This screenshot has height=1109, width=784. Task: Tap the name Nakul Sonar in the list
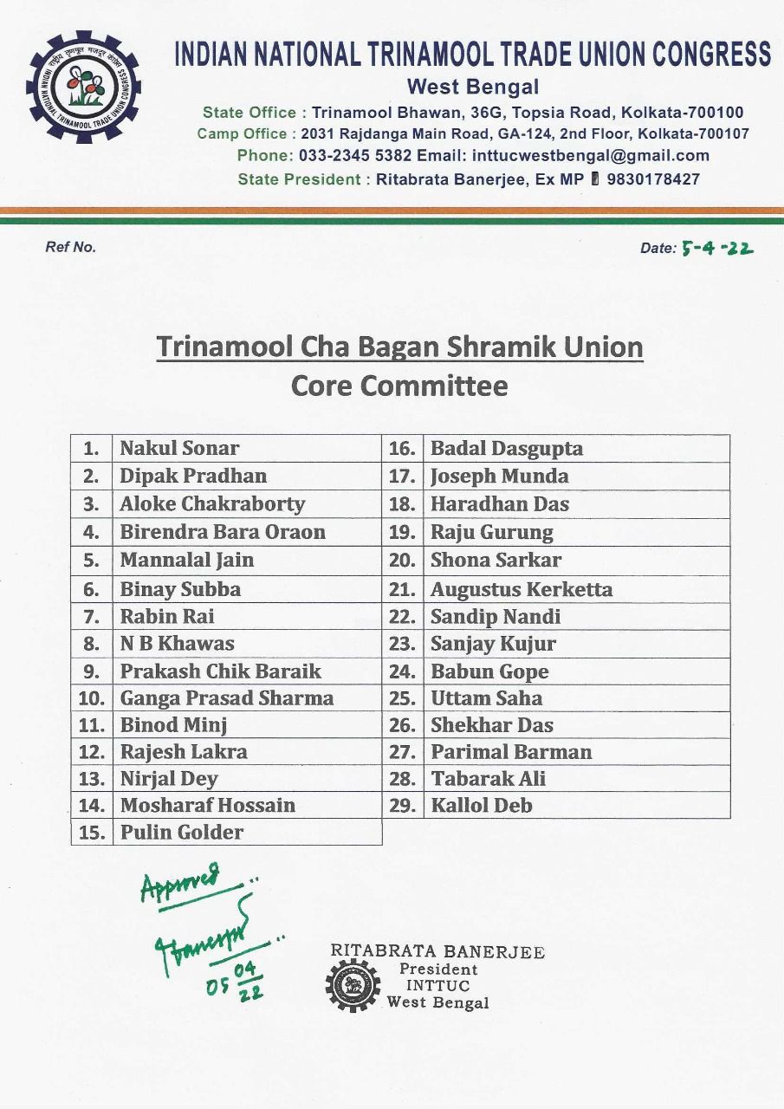pos(178,448)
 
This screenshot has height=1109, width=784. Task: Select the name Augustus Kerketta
pos(521,589)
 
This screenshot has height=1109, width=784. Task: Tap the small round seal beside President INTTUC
pos(353,985)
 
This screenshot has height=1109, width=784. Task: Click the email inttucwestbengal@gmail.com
pos(589,156)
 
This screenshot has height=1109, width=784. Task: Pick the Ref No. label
pos(70,247)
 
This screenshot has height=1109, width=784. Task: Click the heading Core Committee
pos(399,386)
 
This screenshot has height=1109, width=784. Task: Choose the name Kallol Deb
pos(481,805)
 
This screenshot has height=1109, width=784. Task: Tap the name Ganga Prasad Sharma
pos(226,697)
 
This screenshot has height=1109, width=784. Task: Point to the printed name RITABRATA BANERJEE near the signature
pos(437,952)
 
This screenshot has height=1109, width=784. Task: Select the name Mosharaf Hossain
pos(207,805)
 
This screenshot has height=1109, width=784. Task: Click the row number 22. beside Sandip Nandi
pos(403,617)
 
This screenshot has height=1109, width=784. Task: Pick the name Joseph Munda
pos(499,476)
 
